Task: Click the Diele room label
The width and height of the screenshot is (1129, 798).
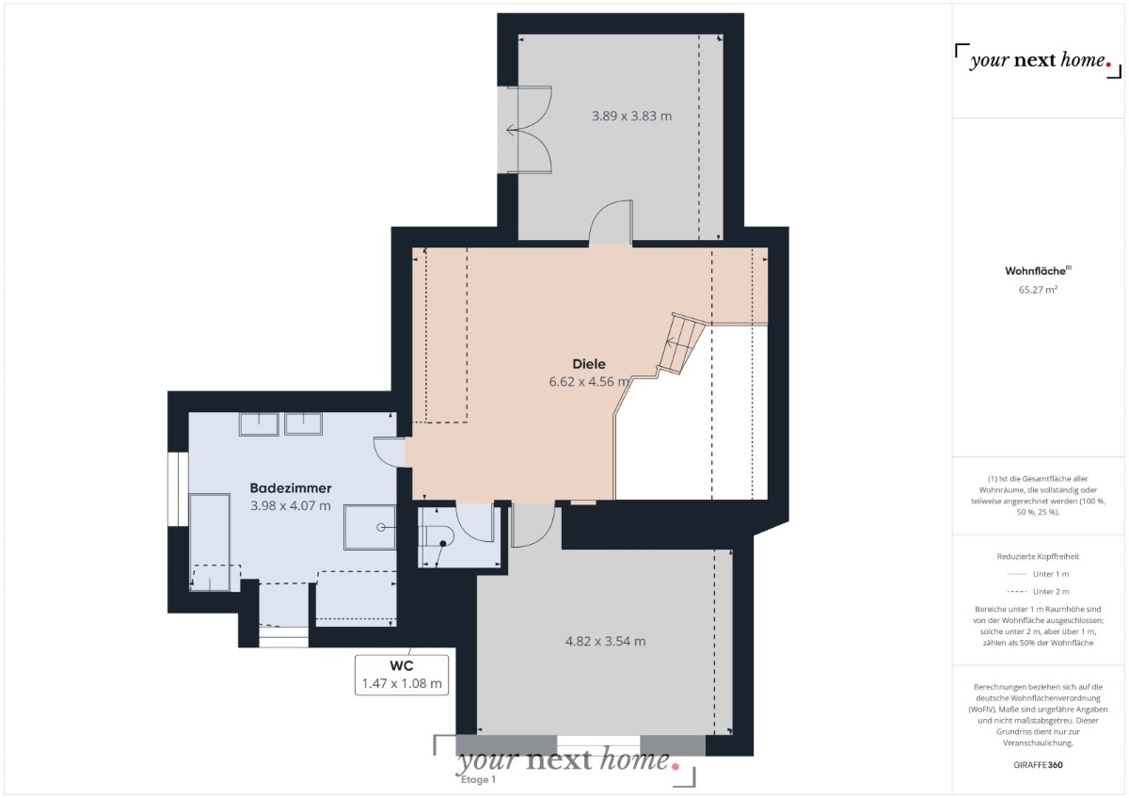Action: point(589,364)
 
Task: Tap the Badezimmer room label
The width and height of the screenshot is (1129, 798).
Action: point(291,488)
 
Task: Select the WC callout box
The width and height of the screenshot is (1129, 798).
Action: point(402,675)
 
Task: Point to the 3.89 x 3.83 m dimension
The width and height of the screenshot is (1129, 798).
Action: point(631,116)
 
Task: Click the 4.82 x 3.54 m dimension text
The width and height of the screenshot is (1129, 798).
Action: point(605,641)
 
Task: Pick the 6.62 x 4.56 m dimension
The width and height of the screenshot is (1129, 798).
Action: point(589,382)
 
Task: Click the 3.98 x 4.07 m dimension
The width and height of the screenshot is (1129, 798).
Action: point(291,505)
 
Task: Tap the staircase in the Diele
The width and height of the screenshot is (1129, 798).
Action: point(681,343)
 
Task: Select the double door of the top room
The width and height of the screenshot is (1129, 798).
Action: point(529,130)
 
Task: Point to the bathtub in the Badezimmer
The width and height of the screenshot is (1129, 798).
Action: point(210,542)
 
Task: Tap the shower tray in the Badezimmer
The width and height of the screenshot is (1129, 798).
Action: point(370,527)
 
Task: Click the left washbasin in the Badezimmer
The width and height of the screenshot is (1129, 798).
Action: point(259,424)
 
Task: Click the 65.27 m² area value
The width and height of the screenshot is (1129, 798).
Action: point(1038,290)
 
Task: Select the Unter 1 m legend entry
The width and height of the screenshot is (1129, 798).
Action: point(1038,574)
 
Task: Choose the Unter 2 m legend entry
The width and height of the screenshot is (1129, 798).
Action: point(1038,591)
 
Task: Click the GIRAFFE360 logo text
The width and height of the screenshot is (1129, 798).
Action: point(1038,765)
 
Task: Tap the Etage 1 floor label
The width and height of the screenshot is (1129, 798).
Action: point(478,780)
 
